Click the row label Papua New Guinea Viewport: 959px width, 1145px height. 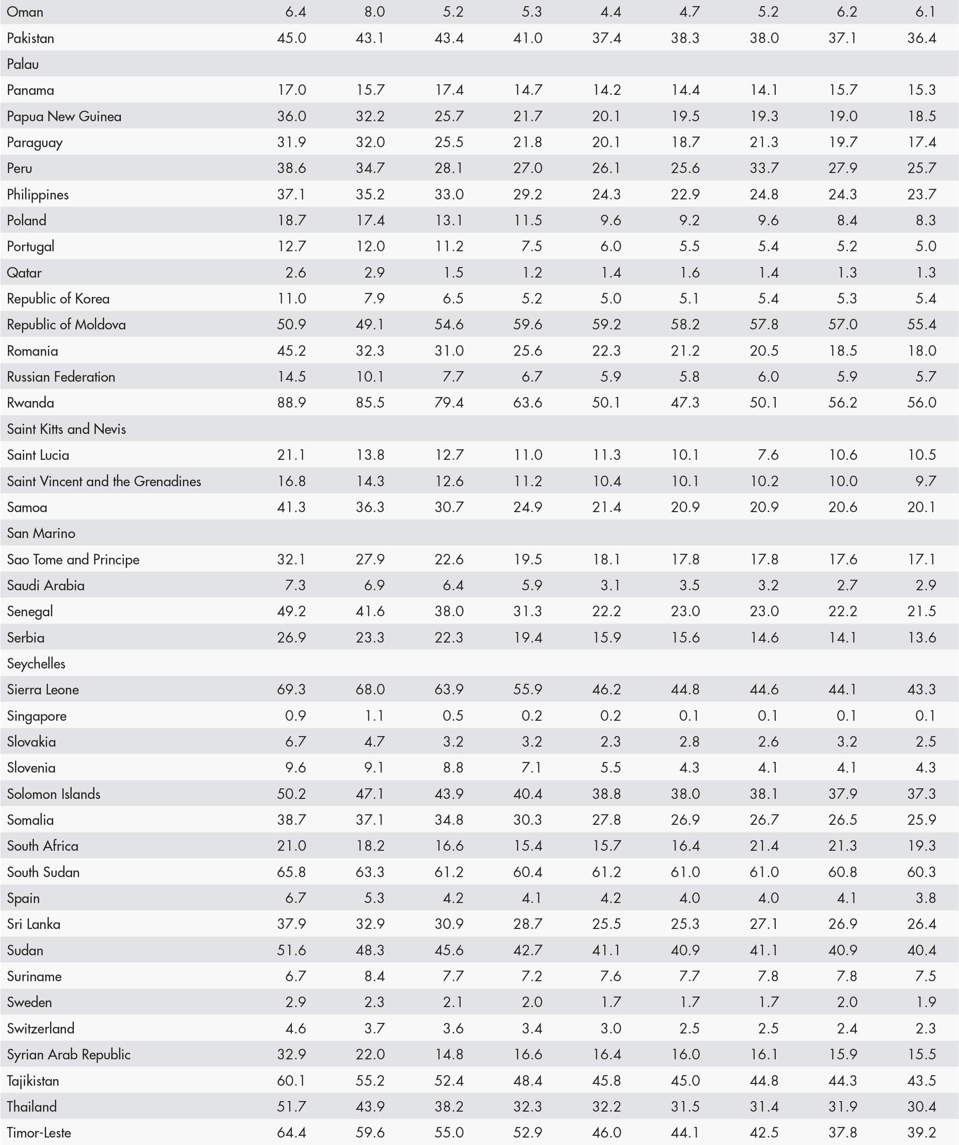[64, 116]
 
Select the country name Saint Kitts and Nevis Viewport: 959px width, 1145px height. [66, 429]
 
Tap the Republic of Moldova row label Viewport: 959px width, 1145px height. [66, 325]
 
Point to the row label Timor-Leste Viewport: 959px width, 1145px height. [39, 1132]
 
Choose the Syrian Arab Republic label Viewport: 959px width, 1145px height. [68, 1054]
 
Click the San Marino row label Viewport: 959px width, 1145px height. [41, 533]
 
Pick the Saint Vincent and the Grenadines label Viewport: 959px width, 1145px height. [104, 481]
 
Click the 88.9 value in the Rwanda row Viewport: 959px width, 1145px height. [291, 403]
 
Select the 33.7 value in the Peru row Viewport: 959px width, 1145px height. [764, 168]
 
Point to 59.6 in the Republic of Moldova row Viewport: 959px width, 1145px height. [527, 325]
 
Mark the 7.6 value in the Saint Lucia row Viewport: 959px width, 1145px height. [768, 455]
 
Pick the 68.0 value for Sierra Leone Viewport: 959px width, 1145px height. [370, 689]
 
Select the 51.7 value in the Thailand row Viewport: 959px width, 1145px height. [291, 1106]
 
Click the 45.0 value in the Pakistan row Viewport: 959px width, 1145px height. [291, 38]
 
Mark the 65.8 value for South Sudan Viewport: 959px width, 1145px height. [291, 872]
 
